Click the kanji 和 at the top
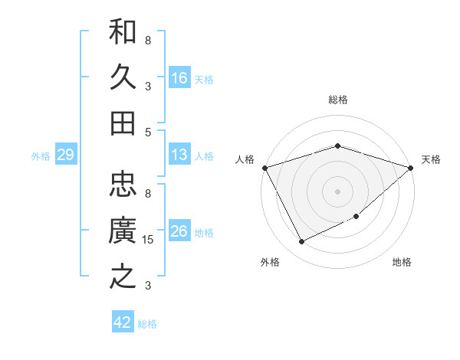tap(123, 32)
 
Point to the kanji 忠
tap(123, 185)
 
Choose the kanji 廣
tap(123, 231)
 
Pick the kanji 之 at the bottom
tap(123, 277)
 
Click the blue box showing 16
tap(179, 78)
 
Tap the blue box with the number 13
tap(179, 155)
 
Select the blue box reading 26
tap(179, 232)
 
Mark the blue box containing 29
tap(65, 155)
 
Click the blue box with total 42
tap(123, 322)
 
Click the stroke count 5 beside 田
tap(148, 132)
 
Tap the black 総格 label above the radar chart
tap(337, 100)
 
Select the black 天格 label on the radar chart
tap(431, 159)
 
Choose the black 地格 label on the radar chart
tap(402, 262)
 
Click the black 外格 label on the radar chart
tap(270, 262)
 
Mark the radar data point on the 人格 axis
tap(264, 168)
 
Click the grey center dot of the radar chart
tap(337, 191)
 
